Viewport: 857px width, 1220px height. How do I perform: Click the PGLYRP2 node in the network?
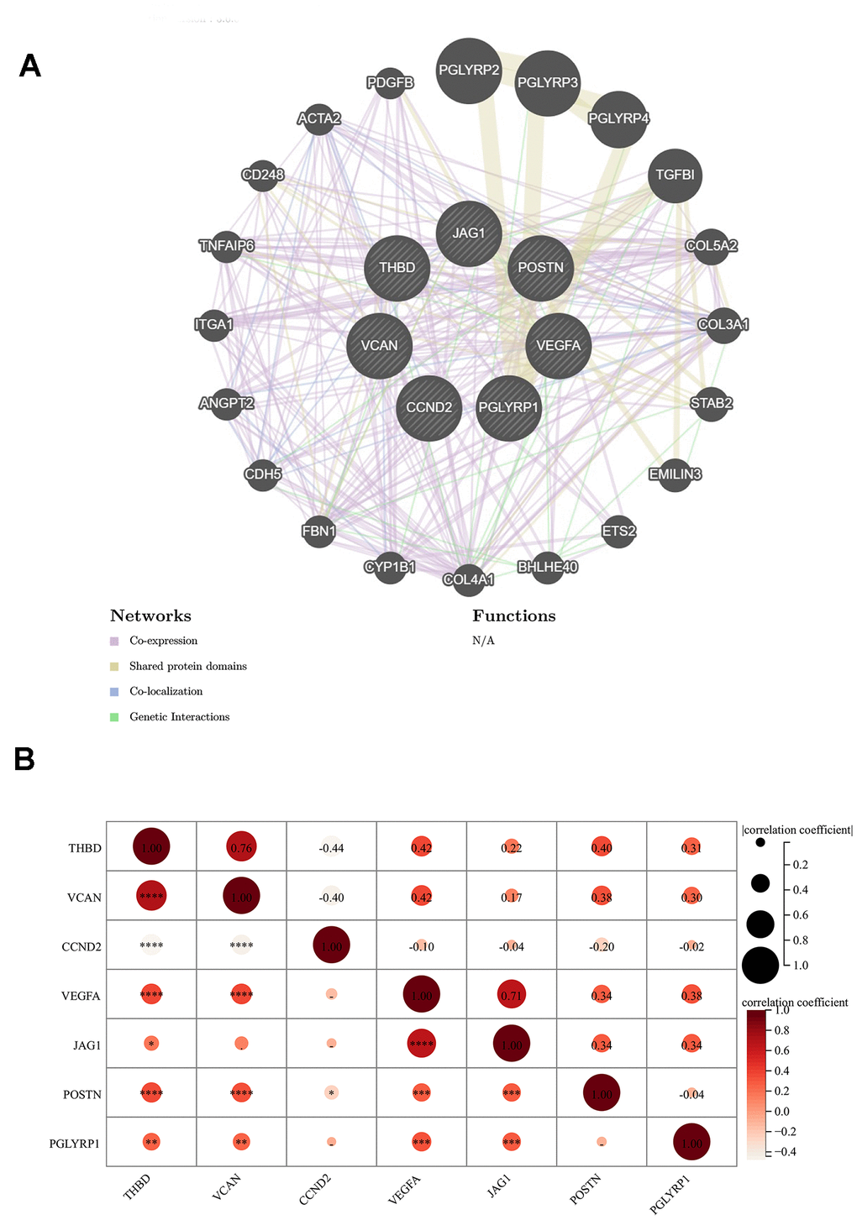click(x=469, y=71)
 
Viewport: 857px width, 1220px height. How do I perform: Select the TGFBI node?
click(x=675, y=175)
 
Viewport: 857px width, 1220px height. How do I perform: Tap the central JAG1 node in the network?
click(x=469, y=233)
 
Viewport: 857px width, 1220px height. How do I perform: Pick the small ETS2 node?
click(x=618, y=531)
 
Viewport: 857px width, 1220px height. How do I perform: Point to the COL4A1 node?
click(x=468, y=579)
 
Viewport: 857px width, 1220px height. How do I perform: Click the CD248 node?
click(x=263, y=175)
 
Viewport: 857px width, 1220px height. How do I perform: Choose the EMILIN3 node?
click(x=675, y=474)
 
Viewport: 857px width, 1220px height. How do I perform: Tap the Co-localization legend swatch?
click(x=114, y=692)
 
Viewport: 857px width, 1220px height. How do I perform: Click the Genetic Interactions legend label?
click(x=179, y=717)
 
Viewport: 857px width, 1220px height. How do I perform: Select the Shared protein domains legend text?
click(x=187, y=667)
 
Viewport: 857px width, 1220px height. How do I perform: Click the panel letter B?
click(x=24, y=759)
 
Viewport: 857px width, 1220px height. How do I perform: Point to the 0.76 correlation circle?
click(x=241, y=848)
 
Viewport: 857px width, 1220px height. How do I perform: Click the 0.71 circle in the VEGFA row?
click(x=511, y=996)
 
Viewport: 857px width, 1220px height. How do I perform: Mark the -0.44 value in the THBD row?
click(x=331, y=848)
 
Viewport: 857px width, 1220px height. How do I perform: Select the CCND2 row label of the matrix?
click(x=82, y=947)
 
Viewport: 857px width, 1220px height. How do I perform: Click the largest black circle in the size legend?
click(x=760, y=965)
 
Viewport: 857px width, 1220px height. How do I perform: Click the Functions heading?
click(x=513, y=616)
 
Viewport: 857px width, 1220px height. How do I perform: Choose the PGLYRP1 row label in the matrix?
click(x=75, y=1144)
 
